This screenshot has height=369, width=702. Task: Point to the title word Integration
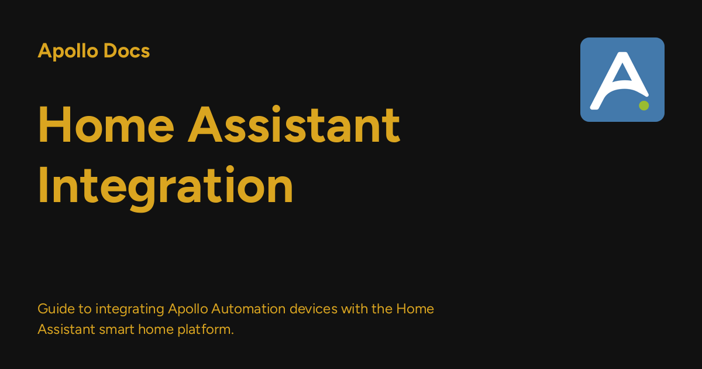[x=166, y=186]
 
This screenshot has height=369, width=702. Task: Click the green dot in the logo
[x=643, y=105]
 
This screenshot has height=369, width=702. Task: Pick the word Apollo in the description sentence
[x=188, y=309]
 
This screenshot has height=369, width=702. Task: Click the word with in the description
[x=353, y=309]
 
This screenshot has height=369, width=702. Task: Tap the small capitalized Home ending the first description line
[x=415, y=309]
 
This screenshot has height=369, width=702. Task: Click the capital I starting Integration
[x=42, y=186]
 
